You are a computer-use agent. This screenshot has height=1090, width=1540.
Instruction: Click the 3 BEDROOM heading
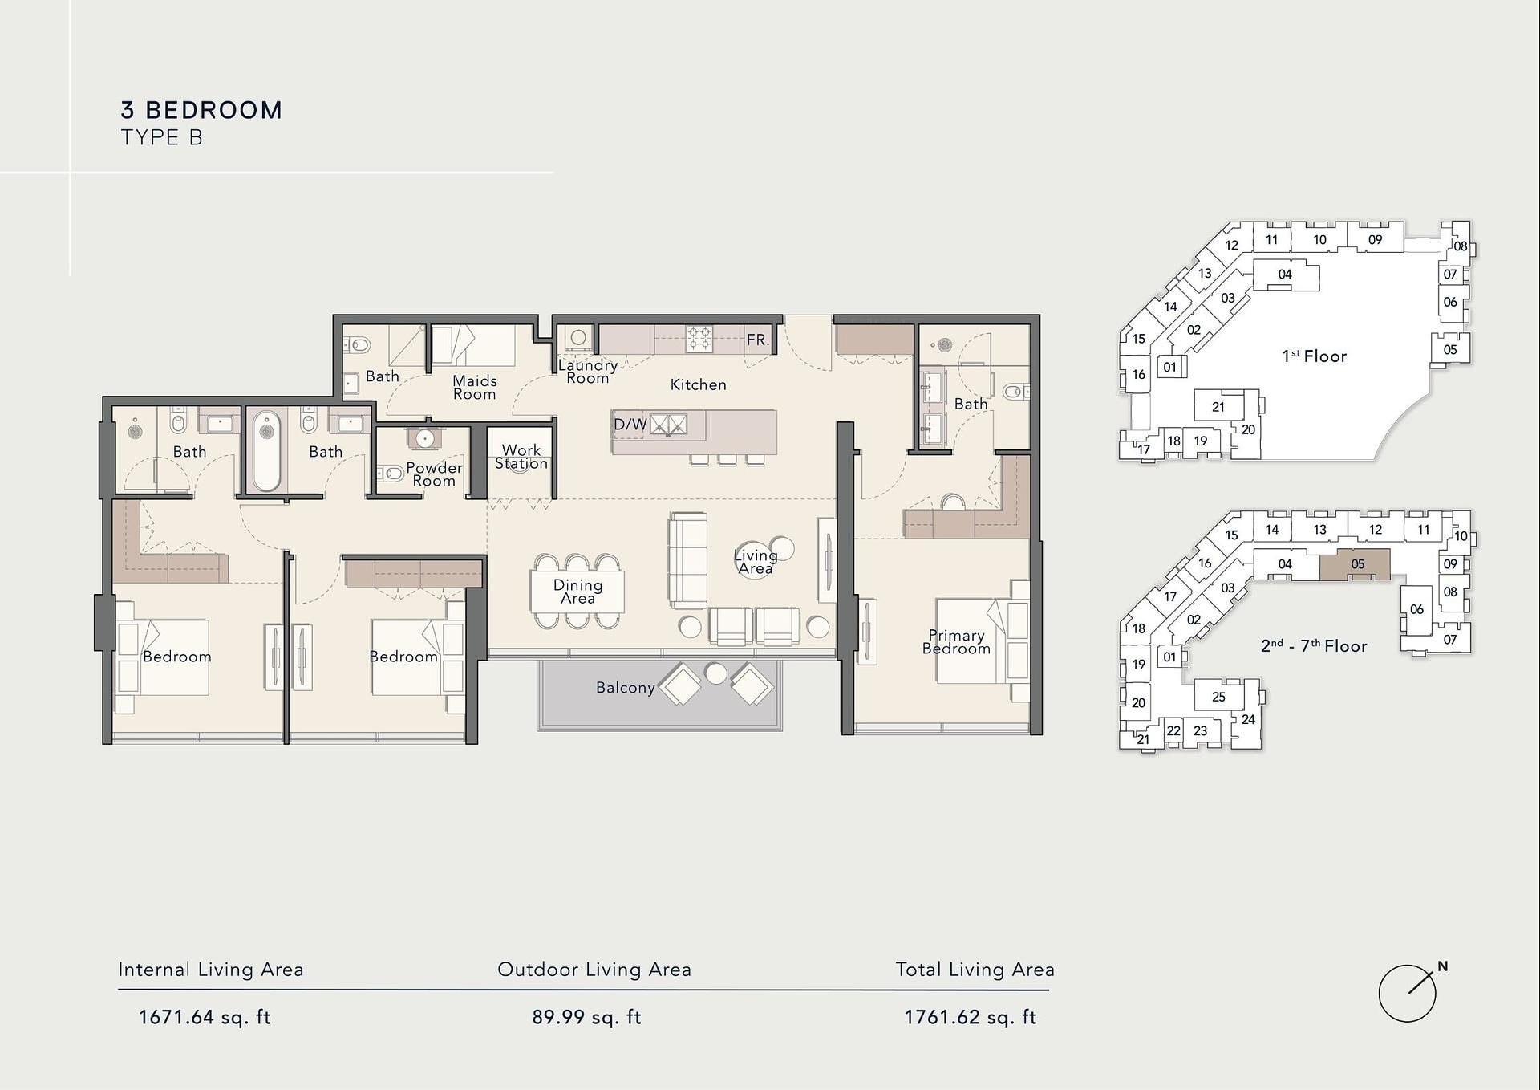pyautogui.click(x=201, y=110)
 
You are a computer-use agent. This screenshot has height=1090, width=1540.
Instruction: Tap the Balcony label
pyautogui.click(x=626, y=688)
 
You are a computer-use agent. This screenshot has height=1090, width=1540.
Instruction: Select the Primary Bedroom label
pyautogui.click(x=956, y=642)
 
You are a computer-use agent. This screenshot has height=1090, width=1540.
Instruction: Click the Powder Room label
pyautogui.click(x=434, y=474)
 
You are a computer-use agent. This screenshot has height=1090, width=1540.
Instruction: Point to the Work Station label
pyautogui.click(x=521, y=457)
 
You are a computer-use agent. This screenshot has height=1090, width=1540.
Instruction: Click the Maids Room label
pyautogui.click(x=475, y=387)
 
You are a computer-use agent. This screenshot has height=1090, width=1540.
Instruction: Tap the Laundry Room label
pyautogui.click(x=588, y=372)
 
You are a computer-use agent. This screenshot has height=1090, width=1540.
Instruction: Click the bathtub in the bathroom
pyautogui.click(x=267, y=450)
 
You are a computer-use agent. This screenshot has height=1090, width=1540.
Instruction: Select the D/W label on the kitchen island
pyautogui.click(x=630, y=425)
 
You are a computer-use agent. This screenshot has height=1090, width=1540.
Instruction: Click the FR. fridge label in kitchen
pyautogui.click(x=758, y=340)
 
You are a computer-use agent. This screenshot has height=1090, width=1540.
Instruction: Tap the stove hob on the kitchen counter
pyautogui.click(x=699, y=339)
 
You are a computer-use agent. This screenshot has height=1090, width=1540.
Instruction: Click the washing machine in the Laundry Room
pyautogui.click(x=578, y=339)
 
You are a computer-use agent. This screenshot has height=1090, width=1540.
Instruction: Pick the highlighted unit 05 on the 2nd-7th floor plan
pyautogui.click(x=1355, y=564)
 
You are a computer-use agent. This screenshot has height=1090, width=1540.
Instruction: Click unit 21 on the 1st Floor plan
pyautogui.click(x=1218, y=406)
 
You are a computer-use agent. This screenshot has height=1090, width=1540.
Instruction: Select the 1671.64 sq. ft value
pyautogui.click(x=205, y=1018)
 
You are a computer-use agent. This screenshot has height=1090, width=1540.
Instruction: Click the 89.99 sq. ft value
pyautogui.click(x=586, y=1018)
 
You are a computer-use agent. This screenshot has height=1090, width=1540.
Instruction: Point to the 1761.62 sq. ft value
pyautogui.click(x=971, y=1018)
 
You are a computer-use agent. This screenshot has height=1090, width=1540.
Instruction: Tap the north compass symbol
pyautogui.click(x=1409, y=992)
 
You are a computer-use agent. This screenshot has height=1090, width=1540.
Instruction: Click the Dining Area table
pyautogui.click(x=577, y=592)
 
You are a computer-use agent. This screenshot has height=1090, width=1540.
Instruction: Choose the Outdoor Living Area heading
pyautogui.click(x=594, y=970)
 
